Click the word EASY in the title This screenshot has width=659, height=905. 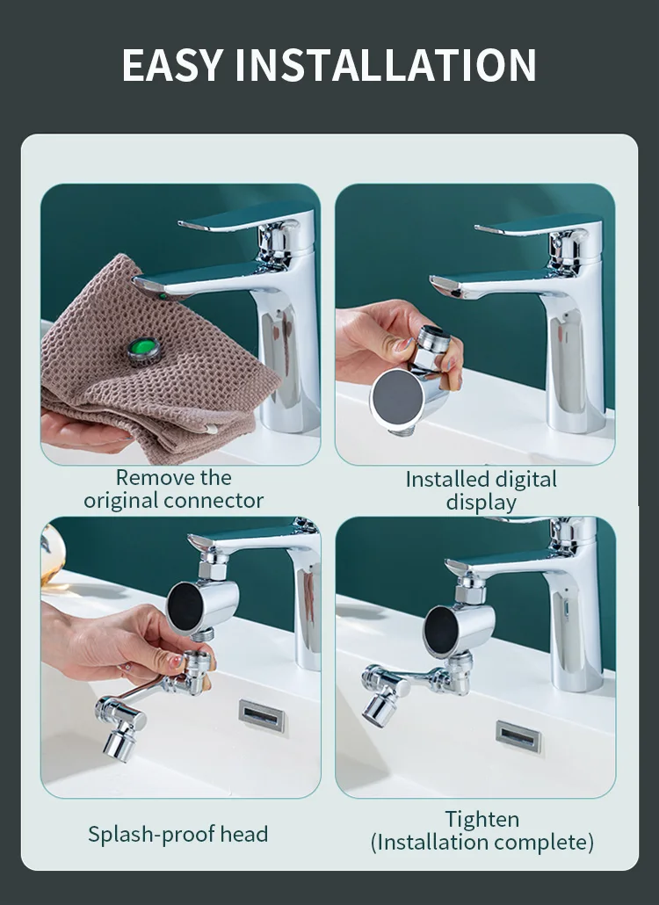(172, 65)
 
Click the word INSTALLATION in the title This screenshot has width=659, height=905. (386, 65)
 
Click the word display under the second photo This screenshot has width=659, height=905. (482, 503)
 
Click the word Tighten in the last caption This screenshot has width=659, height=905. (482, 820)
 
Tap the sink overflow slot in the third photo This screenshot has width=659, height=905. (262, 716)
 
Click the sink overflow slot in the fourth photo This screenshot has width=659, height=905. (518, 736)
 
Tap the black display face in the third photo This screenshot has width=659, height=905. (185, 606)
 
